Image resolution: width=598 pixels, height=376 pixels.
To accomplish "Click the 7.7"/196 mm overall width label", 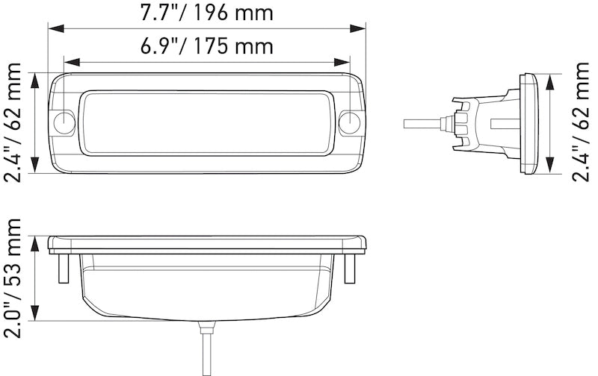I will pos(207,13).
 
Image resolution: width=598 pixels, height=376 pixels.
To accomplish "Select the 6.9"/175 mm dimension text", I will pos(207,46).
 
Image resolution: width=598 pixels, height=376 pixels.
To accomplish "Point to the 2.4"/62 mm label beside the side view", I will pos(581,123).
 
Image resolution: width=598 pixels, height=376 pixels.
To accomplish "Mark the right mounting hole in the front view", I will pos(348,123).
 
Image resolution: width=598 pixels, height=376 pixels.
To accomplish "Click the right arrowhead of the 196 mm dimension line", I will pos(361,28).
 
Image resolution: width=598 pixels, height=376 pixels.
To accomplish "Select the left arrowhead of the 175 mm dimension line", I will pos(70,63).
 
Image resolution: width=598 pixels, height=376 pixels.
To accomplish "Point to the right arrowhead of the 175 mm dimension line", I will pos(345,63).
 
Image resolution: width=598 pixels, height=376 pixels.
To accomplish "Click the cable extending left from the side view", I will pos(422,123).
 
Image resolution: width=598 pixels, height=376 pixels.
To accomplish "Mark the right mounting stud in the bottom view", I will pos(348,267).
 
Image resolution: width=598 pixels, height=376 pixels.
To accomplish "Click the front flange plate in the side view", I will pos(530,123).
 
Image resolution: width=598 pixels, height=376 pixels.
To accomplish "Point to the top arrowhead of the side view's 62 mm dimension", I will pos(551,78).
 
